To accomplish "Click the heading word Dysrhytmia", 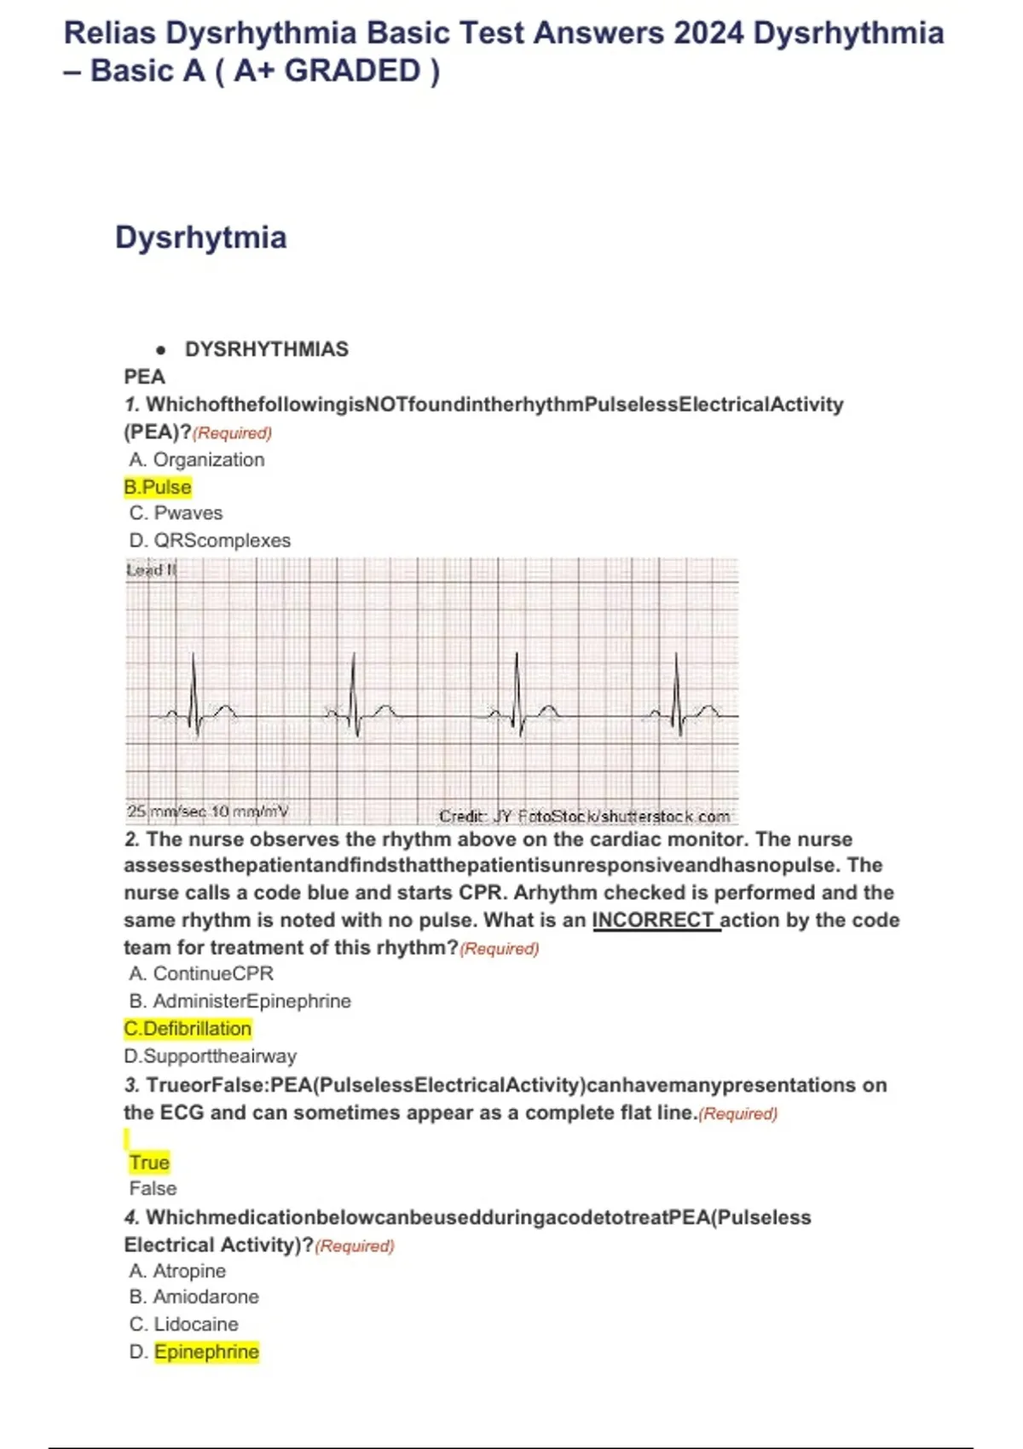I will click(200, 237).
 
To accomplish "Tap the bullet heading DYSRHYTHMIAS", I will click(266, 349).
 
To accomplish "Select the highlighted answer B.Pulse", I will click(158, 487).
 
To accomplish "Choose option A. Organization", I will click(197, 459).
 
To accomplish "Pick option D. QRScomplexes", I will click(210, 540).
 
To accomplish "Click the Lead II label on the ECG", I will click(151, 569).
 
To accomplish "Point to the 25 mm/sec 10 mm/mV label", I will click(207, 811).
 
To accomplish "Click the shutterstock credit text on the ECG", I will click(584, 816).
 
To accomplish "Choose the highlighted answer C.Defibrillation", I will click(188, 1029).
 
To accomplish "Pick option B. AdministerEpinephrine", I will click(240, 1001).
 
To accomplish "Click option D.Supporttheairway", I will click(210, 1056).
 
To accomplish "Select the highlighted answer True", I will click(149, 1163).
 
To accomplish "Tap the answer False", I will click(153, 1188).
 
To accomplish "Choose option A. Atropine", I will click(177, 1271).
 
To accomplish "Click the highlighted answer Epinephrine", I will click(206, 1352).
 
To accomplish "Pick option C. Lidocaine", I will click(183, 1325).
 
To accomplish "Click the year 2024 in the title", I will click(708, 34).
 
